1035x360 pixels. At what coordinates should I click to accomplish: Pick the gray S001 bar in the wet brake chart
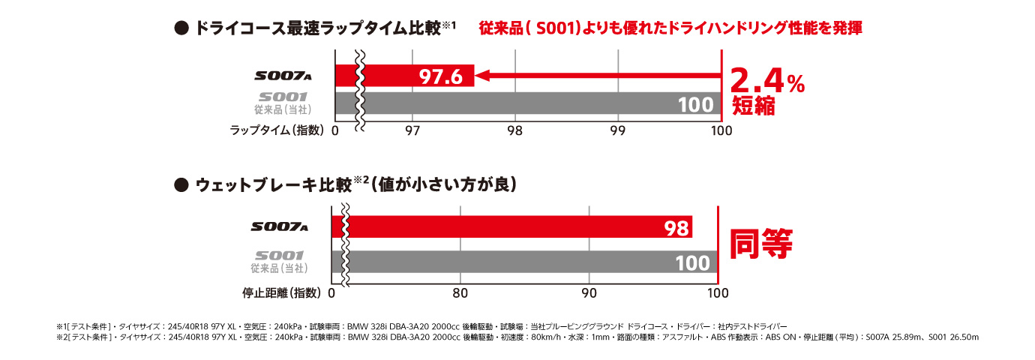pos(525,262)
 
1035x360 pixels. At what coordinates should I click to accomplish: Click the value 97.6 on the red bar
pos(440,76)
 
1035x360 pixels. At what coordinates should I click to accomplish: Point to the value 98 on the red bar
pos(676,228)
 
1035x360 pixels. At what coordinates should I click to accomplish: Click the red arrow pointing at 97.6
pos(600,76)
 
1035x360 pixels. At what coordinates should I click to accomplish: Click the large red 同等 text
pos(761,243)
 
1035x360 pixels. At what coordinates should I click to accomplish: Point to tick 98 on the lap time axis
pos(514,130)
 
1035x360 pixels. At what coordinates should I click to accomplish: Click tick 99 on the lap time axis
pos(618,130)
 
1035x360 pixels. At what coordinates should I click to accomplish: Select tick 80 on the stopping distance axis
pos(460,292)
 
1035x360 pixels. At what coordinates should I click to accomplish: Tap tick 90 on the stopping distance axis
pos(589,292)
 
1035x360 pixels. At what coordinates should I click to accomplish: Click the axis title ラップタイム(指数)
pos(277,130)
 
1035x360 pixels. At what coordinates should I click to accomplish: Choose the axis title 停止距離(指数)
pos(281,292)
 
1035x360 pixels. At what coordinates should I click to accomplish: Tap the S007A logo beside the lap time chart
pos(282,76)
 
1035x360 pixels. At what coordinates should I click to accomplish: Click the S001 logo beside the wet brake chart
pos(279,255)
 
